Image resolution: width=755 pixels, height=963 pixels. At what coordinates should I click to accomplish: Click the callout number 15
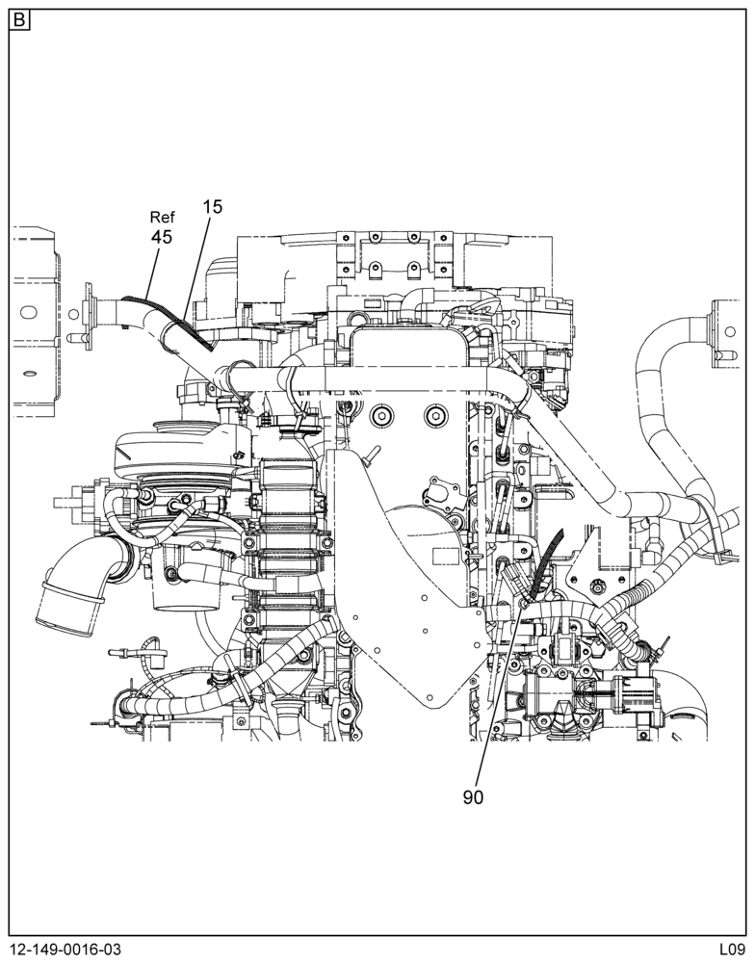(213, 207)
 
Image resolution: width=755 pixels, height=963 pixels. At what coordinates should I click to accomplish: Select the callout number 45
(162, 237)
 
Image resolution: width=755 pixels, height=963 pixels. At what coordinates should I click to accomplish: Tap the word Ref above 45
(163, 217)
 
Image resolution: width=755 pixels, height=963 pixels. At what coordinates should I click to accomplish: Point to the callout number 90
(473, 797)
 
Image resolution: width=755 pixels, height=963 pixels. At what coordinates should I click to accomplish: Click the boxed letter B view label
(20, 21)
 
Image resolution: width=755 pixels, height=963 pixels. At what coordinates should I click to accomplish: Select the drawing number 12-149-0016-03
(65, 950)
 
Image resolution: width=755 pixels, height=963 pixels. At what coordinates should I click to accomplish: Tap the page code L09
(733, 950)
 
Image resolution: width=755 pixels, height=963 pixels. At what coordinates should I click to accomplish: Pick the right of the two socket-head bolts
(434, 416)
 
